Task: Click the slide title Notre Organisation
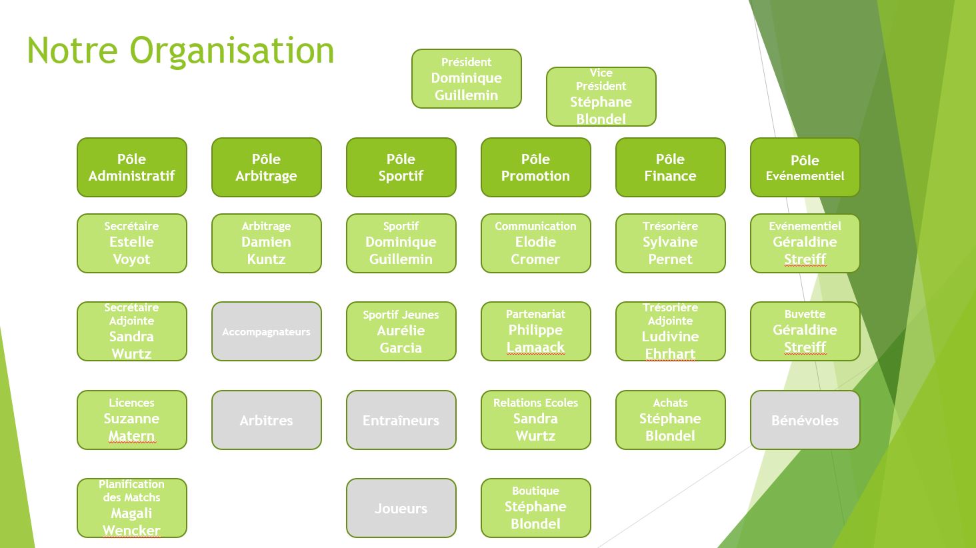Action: (181, 51)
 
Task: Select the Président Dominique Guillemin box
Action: (466, 79)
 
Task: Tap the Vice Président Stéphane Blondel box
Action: (601, 96)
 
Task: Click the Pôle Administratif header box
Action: (131, 167)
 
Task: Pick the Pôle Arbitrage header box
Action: (266, 167)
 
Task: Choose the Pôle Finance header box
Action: (670, 167)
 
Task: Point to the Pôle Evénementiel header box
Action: (805, 167)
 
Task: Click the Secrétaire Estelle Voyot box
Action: (131, 243)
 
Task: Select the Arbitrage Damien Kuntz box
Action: (266, 243)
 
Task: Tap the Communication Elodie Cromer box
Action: (535, 243)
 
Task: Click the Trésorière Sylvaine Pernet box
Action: (670, 243)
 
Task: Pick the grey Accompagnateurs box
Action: (266, 331)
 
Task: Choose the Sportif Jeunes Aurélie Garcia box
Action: (401, 331)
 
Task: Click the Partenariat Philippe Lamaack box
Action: (535, 331)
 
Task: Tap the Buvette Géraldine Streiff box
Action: (805, 331)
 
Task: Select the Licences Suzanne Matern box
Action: (131, 420)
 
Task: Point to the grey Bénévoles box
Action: (805, 420)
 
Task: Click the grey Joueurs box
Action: (401, 508)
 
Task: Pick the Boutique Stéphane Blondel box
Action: (535, 508)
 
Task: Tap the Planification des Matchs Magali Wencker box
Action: (131, 508)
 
